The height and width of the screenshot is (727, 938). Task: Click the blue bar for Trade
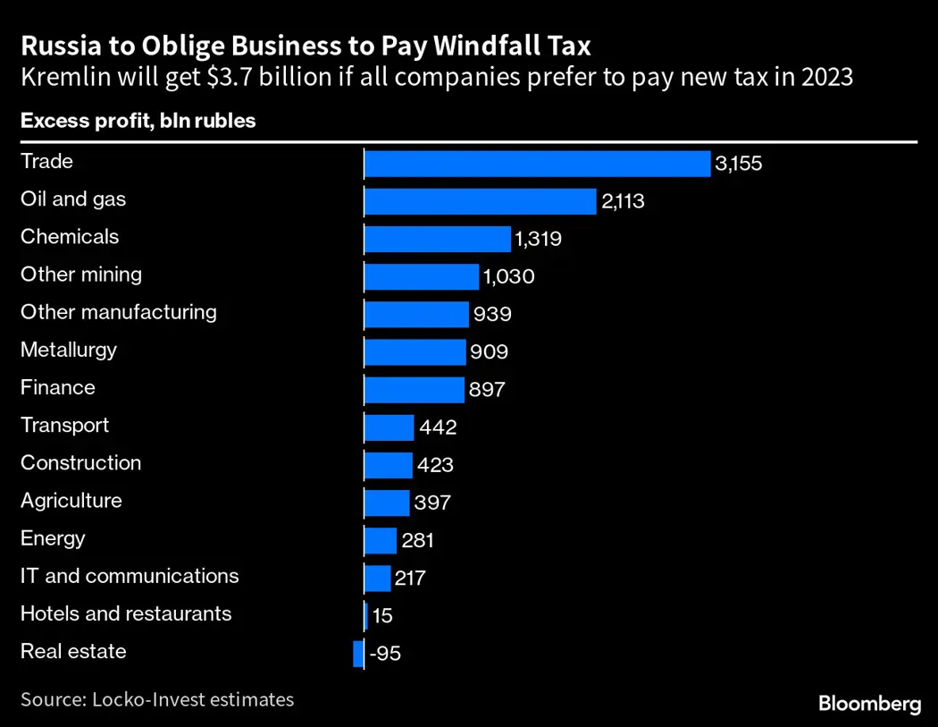tap(537, 164)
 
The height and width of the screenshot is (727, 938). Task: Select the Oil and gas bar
tap(480, 201)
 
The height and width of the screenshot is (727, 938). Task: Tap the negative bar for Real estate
tap(358, 654)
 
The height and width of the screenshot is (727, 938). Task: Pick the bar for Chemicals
tap(437, 239)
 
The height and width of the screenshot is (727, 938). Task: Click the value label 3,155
tap(740, 165)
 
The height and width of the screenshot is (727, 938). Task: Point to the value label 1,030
tap(508, 277)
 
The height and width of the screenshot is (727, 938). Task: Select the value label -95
tap(385, 654)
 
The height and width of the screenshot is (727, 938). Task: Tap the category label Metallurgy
tap(69, 350)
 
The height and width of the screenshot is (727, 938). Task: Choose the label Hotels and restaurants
tap(126, 613)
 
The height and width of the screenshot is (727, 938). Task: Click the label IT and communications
tap(130, 576)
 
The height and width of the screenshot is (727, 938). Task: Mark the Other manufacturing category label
tap(119, 312)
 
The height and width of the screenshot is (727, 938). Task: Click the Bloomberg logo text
tap(869, 704)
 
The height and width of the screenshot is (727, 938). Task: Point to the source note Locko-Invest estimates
tap(157, 699)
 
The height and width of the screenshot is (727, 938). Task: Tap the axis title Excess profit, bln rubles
tap(138, 121)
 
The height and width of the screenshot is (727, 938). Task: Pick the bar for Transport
tap(389, 427)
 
